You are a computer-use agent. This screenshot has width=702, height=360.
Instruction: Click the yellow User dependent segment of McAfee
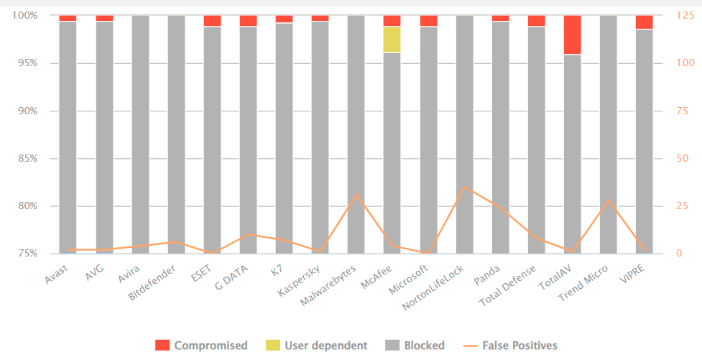point(392,40)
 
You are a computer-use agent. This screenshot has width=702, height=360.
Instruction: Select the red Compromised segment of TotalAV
point(572,34)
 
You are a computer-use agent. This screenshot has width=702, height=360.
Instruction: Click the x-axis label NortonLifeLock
point(433,287)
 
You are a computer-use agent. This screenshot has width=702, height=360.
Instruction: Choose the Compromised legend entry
point(202,346)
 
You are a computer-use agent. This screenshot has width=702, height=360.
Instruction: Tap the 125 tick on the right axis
point(684,15)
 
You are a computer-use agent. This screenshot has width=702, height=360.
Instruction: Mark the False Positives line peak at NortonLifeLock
point(464,187)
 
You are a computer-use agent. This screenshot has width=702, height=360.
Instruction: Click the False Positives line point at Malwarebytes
point(356,195)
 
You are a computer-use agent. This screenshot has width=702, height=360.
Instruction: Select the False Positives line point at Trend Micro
point(608,200)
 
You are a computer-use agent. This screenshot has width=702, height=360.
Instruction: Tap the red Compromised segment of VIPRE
point(644,22)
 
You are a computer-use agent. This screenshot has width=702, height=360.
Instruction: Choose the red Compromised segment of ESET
point(212,21)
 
